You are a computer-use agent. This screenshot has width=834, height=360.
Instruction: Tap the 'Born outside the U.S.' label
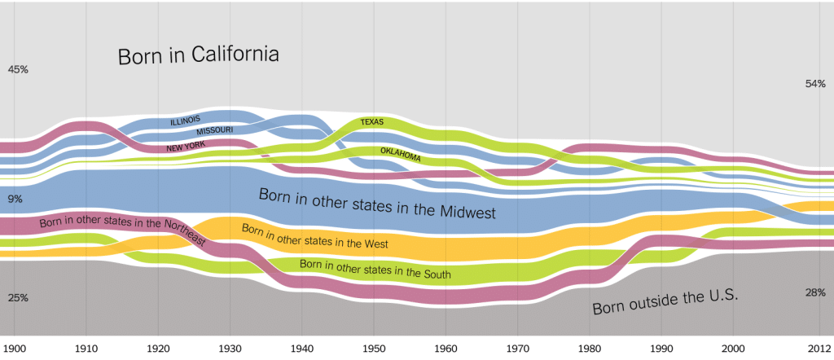[665, 303]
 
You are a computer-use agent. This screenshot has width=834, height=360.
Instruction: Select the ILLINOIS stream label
[191, 120]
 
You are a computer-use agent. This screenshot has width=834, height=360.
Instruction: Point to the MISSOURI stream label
[214, 130]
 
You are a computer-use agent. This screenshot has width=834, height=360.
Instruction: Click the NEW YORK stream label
[185, 147]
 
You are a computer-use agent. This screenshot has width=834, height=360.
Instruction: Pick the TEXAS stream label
[371, 122]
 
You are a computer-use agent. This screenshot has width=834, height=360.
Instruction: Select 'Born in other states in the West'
[314, 236]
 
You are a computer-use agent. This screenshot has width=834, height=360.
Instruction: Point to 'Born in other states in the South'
[375, 269]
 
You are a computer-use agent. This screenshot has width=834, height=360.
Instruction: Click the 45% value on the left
[18, 70]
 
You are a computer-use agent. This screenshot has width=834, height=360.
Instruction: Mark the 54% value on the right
[815, 84]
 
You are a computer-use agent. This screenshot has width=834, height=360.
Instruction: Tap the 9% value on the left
[15, 199]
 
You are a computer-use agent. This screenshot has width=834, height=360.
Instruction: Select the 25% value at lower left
[18, 298]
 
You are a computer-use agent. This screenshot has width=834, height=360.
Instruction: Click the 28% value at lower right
[815, 292]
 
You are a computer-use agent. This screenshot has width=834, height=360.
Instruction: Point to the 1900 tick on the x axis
[15, 349]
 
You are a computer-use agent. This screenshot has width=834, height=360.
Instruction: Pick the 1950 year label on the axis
[375, 349]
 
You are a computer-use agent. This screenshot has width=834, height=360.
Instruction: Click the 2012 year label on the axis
[819, 349]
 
